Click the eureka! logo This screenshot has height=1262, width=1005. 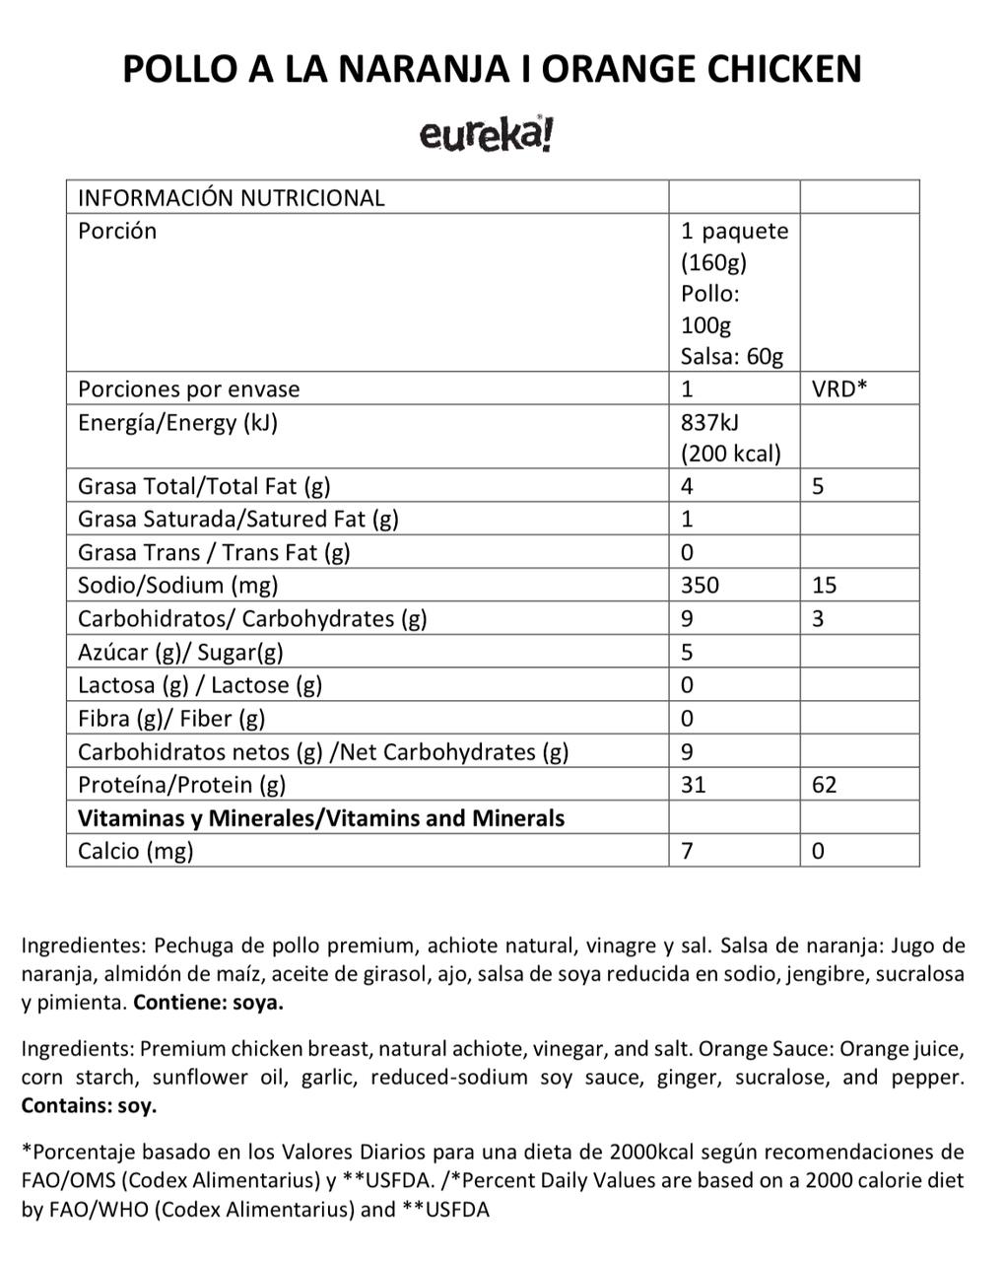[487, 135]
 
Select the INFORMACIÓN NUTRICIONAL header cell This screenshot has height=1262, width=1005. [231, 197]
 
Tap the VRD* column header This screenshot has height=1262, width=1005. [839, 388]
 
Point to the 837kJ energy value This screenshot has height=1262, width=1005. [709, 422]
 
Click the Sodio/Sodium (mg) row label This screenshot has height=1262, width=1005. [178, 585]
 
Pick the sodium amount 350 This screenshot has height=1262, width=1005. [700, 585]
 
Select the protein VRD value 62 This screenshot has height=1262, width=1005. [825, 785]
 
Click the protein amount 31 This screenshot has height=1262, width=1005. [693, 785]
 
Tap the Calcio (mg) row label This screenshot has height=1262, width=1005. [136, 851]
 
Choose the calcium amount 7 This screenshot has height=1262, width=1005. [687, 851]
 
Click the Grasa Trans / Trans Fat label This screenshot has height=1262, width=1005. [214, 552]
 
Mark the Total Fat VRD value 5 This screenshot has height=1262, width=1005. [818, 486]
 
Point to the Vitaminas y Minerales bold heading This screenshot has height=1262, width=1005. [321, 818]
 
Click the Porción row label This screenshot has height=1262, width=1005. [117, 231]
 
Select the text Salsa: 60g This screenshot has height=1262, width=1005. [731, 357]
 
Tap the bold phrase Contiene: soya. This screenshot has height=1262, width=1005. [208, 1004]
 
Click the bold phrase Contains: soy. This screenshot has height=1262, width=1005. [89, 1105]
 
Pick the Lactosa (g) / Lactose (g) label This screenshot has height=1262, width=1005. [200, 685]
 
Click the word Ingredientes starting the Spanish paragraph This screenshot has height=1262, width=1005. [83, 946]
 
